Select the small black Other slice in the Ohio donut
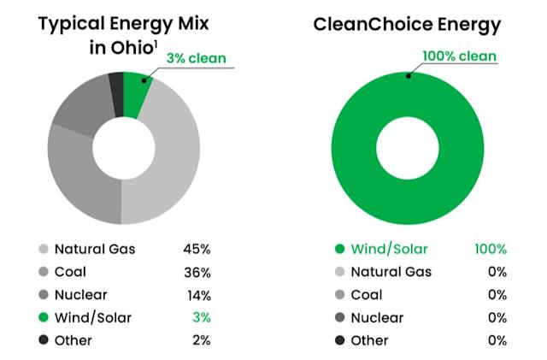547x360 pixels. pyautogui.click(x=115, y=84)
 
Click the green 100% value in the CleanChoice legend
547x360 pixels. pyautogui.click(x=491, y=250)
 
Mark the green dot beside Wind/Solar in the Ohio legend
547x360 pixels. pyautogui.click(x=43, y=318)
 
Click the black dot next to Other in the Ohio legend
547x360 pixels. pyautogui.click(x=43, y=340)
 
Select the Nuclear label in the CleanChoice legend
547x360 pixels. pyautogui.click(x=379, y=317)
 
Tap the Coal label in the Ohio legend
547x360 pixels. pyautogui.click(x=71, y=273)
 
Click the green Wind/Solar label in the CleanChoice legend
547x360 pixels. pyautogui.click(x=391, y=250)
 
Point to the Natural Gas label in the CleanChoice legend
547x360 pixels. pyautogui.click(x=391, y=272)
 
